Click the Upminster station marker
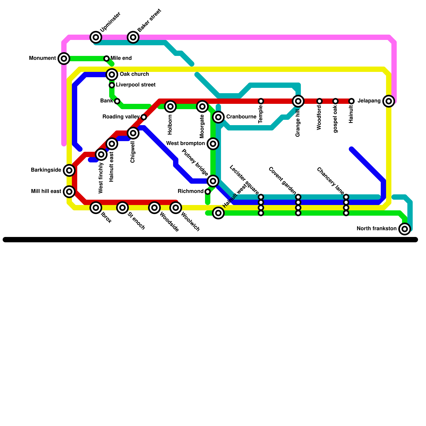click(x=96, y=37)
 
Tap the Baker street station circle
click(x=133, y=37)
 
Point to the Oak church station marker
click(x=112, y=74)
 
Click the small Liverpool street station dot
click(x=112, y=85)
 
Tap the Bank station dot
click(x=117, y=101)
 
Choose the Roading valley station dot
click(x=144, y=117)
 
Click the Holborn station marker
click(x=170, y=106)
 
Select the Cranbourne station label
click(x=241, y=117)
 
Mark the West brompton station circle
click(x=213, y=144)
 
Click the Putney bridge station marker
click(x=213, y=181)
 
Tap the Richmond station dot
click(x=208, y=192)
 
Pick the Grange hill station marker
click(x=298, y=101)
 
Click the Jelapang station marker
click(x=389, y=101)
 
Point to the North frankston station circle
click(x=405, y=229)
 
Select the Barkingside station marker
click(x=69, y=170)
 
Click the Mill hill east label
click(x=46, y=191)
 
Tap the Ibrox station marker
click(x=96, y=208)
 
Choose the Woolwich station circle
click(x=176, y=208)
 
